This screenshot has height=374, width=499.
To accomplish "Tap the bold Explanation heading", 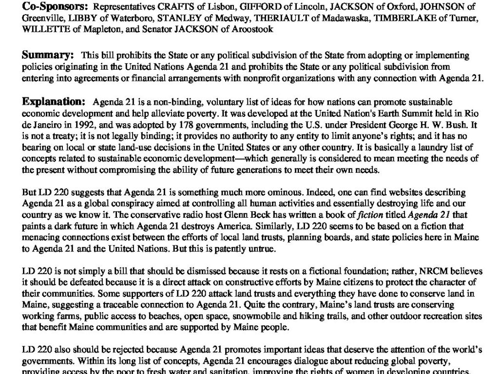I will point(54,102).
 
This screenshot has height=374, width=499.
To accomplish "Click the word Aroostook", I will point(254,29).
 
